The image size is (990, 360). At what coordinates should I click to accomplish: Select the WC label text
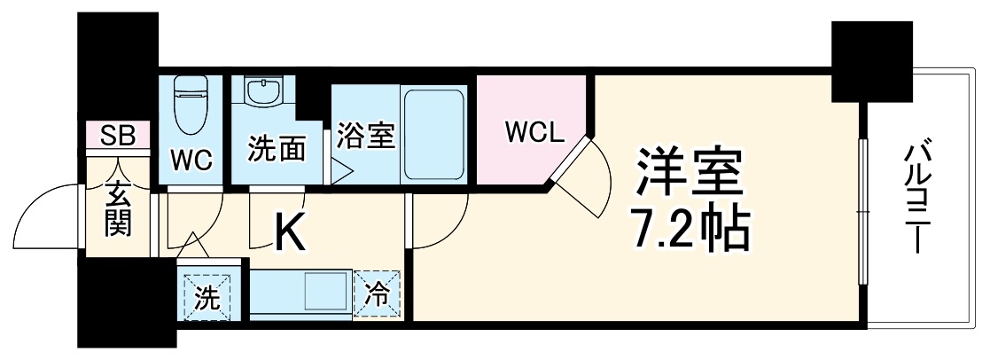tap(191, 160)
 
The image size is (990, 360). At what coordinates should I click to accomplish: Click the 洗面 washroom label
tap(276, 147)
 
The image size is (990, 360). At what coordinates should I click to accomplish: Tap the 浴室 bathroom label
tap(365, 137)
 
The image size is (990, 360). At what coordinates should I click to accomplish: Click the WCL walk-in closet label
tap(534, 133)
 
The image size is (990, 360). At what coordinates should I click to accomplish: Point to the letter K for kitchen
tap(289, 235)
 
